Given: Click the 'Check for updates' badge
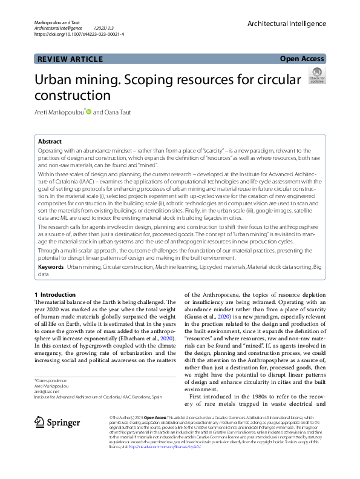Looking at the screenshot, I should pos(316,76).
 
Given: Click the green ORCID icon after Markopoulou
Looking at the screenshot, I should pos(88,111).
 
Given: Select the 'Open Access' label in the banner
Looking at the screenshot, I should pos(302,59).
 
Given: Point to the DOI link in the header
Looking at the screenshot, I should pos(79,35).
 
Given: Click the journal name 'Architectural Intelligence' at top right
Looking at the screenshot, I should pos(286,24).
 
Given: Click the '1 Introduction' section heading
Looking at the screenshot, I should pos(55,294).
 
